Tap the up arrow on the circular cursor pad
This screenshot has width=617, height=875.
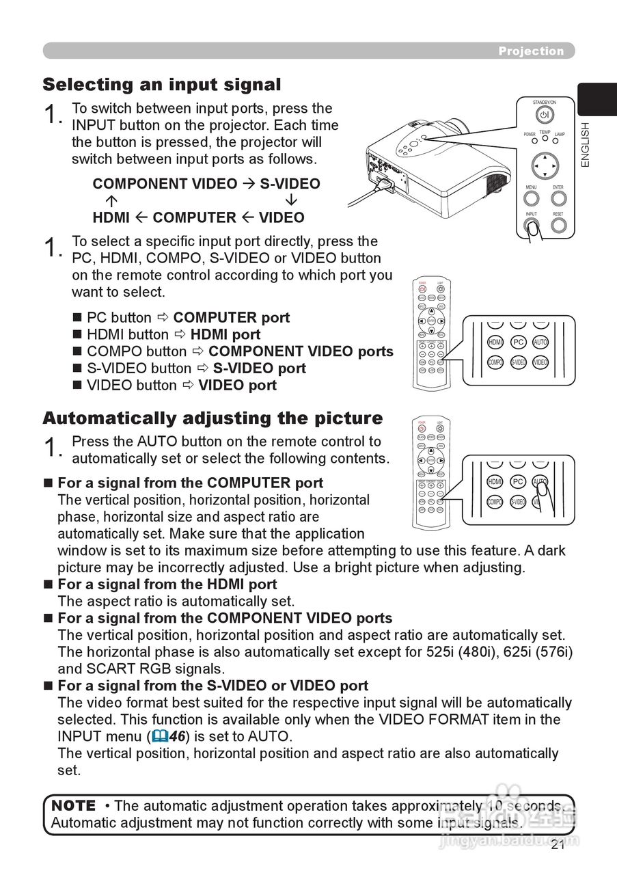(545, 157)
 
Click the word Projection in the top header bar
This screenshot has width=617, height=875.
(531, 51)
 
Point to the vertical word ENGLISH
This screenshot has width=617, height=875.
(585, 144)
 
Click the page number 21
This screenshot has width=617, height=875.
(557, 846)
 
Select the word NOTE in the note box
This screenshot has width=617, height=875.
(74, 805)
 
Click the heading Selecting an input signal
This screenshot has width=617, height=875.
(162, 85)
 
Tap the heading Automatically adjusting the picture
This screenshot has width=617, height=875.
(212, 418)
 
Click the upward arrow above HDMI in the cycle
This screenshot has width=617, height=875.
(111, 201)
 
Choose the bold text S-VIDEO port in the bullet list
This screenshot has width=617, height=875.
(259, 368)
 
